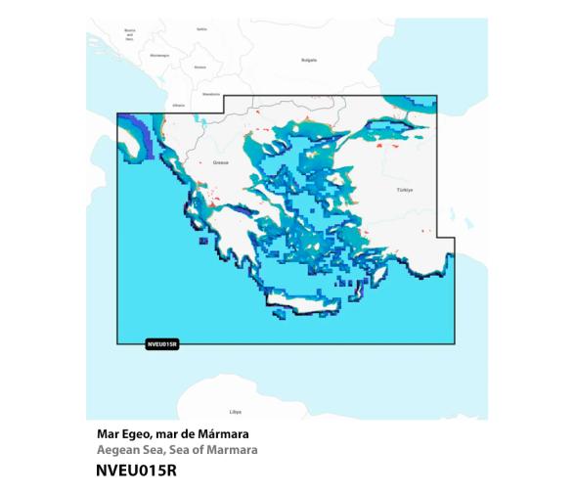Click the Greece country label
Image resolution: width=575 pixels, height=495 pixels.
pos(220,162)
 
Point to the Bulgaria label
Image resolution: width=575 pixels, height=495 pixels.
pos(309,60)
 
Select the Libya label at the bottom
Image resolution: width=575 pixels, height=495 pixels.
pos(235,412)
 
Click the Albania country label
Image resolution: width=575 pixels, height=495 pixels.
pos(178,104)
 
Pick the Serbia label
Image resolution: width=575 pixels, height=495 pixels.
pos(201,29)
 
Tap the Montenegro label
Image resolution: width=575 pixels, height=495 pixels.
pos(159,57)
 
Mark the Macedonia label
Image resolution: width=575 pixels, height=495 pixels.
pos(209,94)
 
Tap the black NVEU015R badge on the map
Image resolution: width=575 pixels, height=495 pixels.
pos(160,343)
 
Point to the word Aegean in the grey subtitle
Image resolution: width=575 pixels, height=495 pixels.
pos(119,451)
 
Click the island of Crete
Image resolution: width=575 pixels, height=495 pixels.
pos(310,305)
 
